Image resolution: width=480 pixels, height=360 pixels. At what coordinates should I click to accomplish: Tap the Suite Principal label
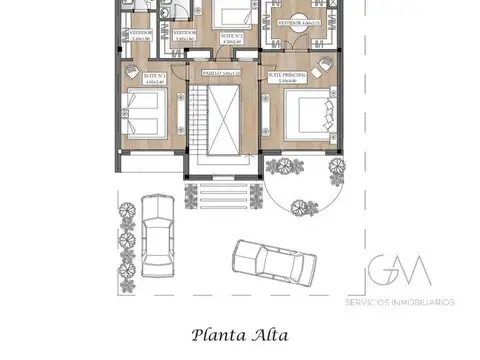click(x=287, y=74)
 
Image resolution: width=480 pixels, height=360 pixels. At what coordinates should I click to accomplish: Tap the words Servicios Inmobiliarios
click(x=399, y=301)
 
